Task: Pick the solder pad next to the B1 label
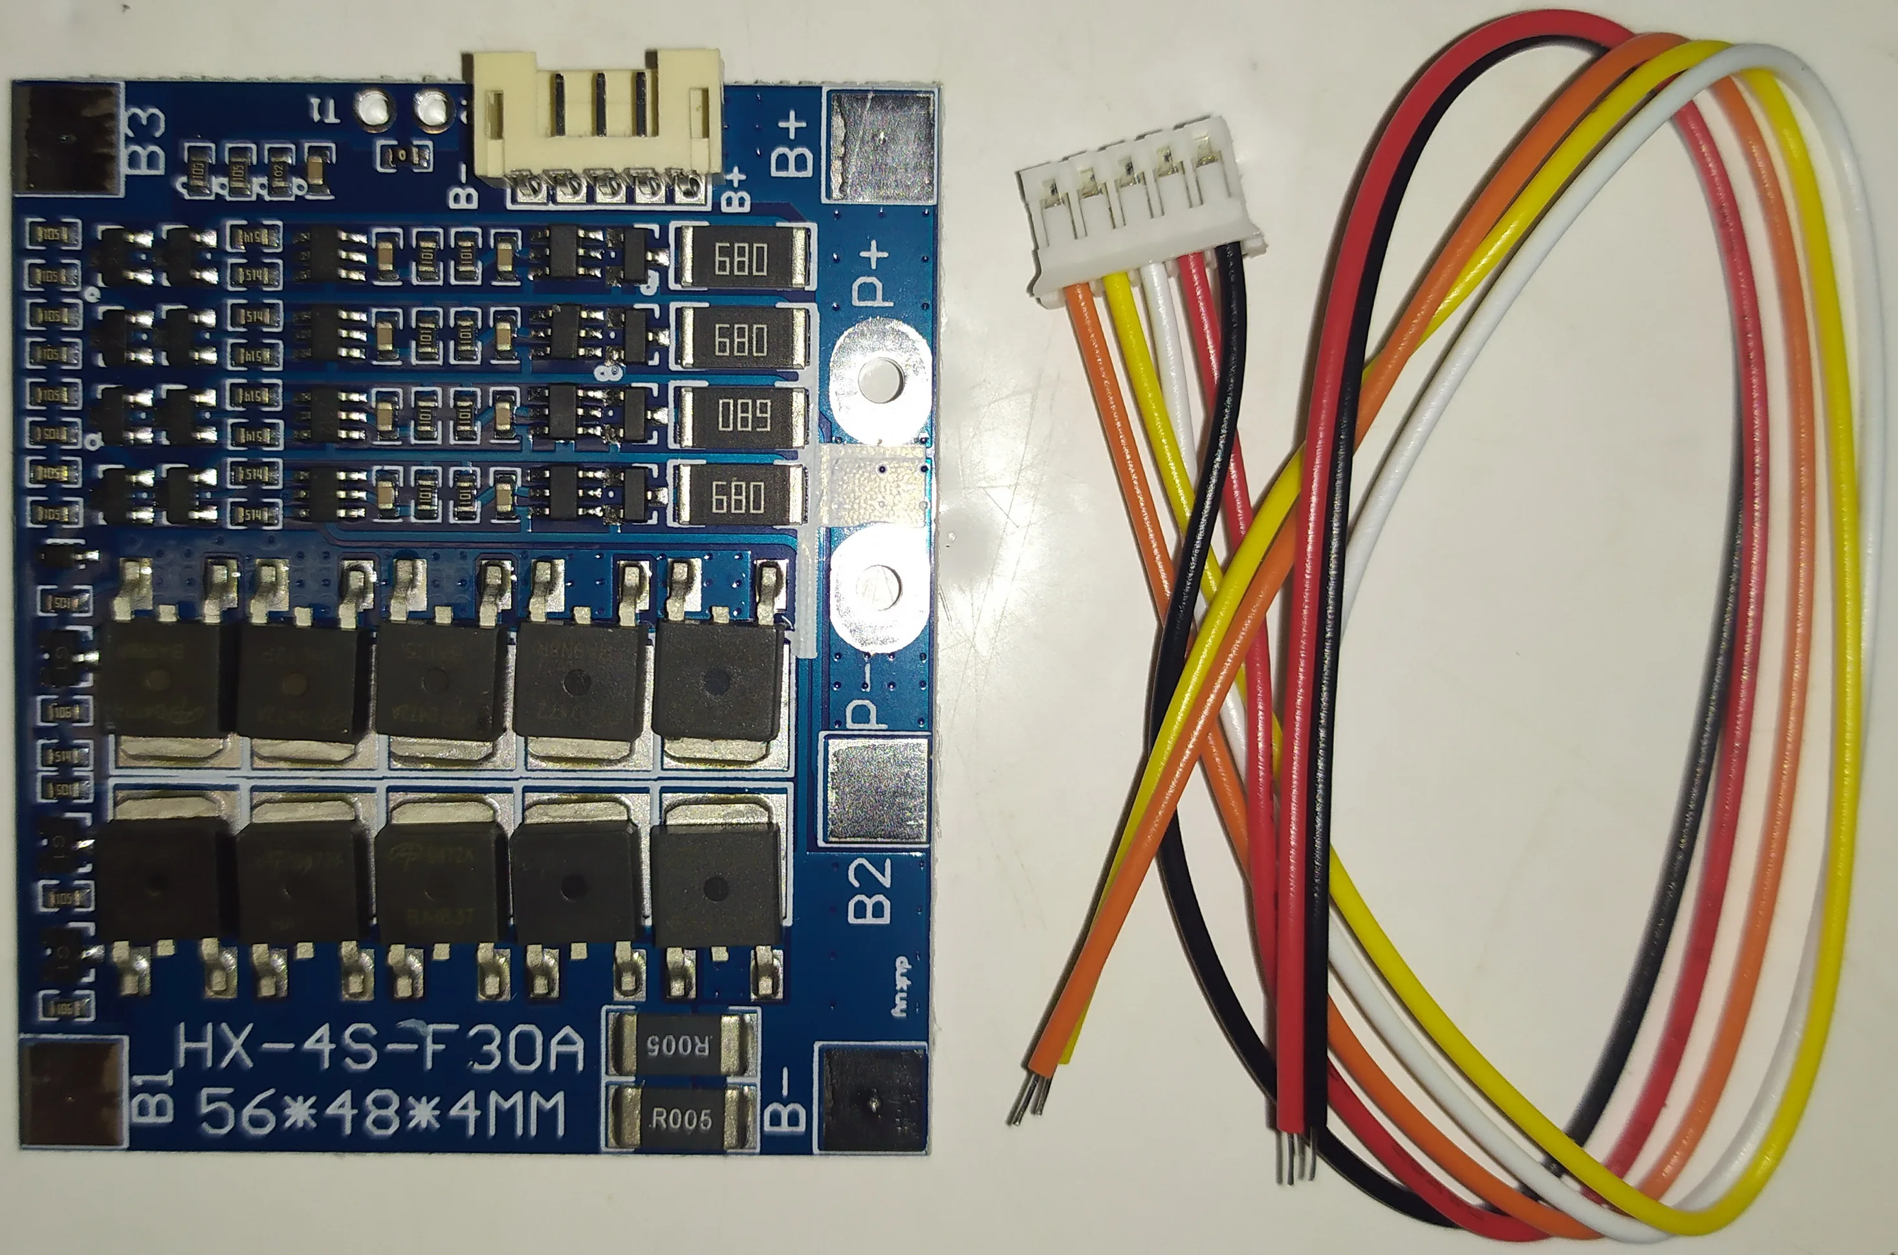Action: click(x=72, y=1093)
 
